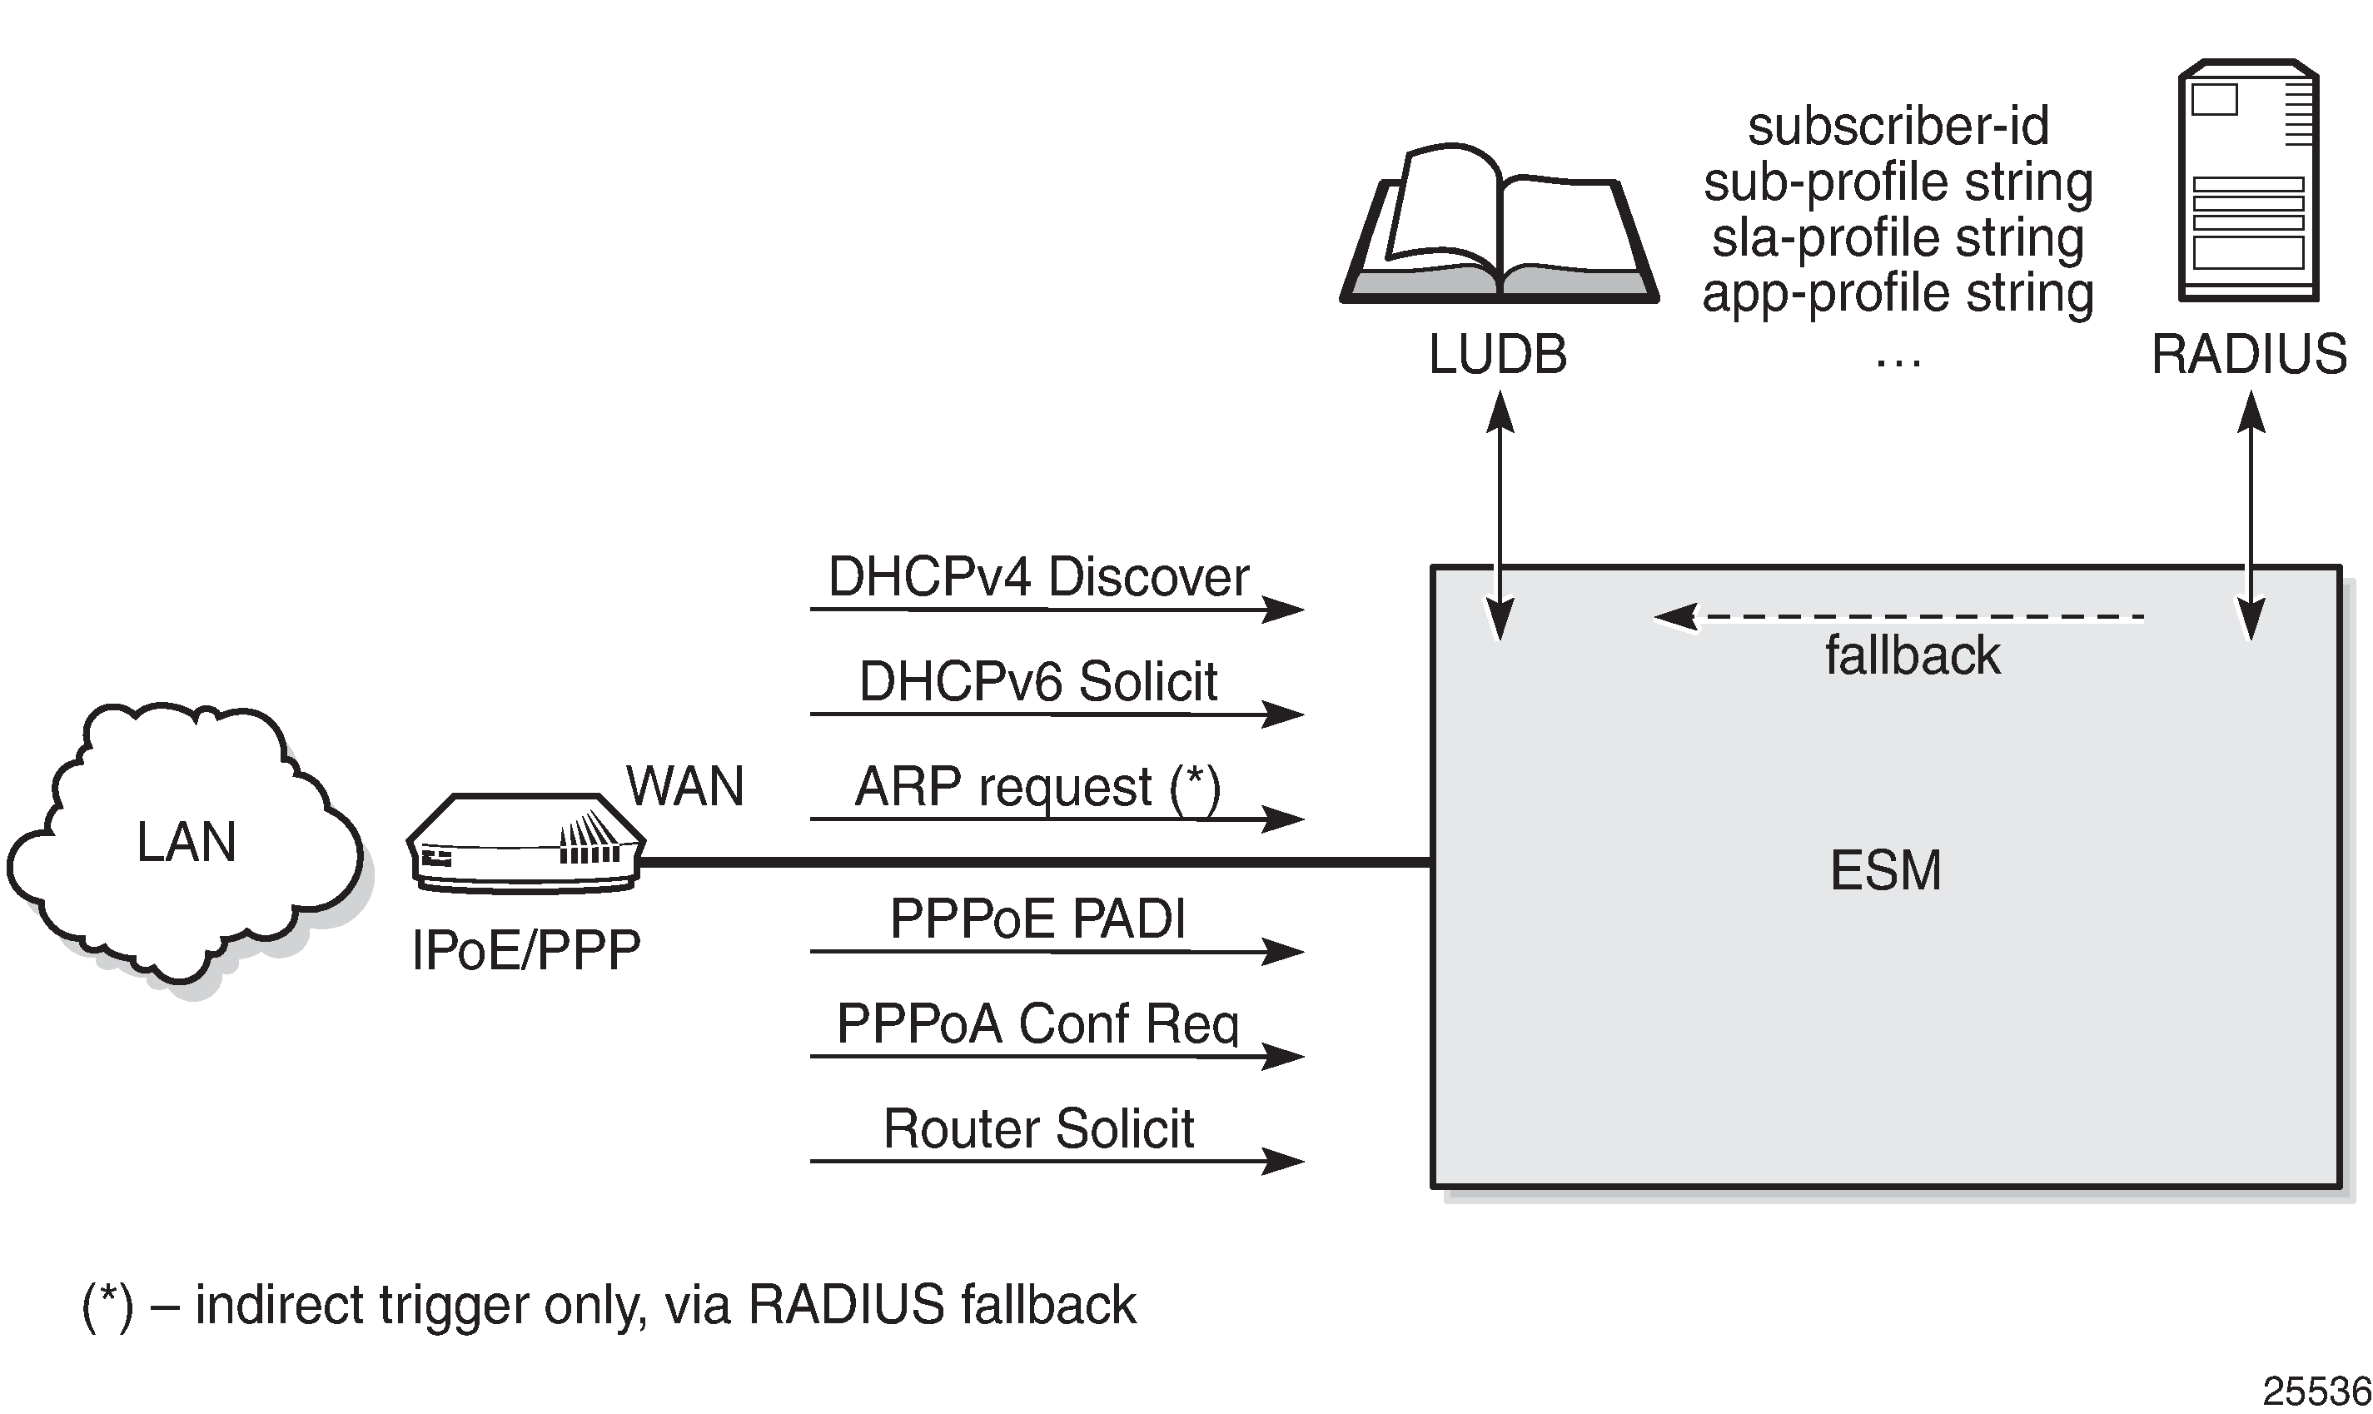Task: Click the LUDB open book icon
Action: pos(1499,225)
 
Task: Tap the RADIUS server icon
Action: pos(2247,181)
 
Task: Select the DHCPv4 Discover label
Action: pos(1038,577)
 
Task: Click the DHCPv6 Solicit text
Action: pos(1038,682)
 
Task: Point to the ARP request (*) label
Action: pos(1037,788)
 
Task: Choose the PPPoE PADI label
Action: pos(1037,919)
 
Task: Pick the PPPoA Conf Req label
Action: pos(1037,1024)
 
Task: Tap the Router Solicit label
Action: pos(1038,1129)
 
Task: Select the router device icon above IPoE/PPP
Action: pos(526,844)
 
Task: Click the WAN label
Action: pos(685,787)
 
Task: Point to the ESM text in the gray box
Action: pos(1885,871)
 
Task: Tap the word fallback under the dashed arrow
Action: pos(1912,656)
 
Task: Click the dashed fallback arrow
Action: pos(1896,616)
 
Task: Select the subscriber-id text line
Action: pos(1898,127)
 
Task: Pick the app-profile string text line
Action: pos(1898,293)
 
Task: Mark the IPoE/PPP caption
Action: pos(526,951)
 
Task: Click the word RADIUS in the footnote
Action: pos(847,1306)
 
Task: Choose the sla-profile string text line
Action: pos(1898,238)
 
